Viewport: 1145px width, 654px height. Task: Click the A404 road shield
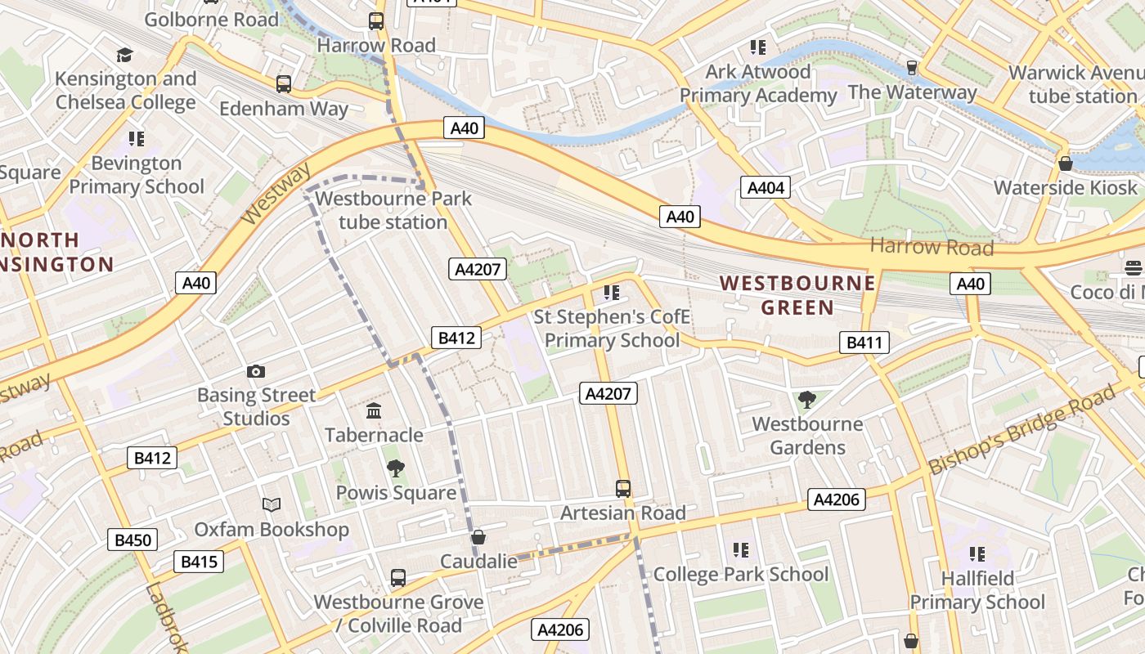[x=766, y=187]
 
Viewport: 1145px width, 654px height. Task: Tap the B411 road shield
[x=864, y=343]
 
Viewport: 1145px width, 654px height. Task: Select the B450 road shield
[x=132, y=540]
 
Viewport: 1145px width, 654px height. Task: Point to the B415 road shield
[x=199, y=562]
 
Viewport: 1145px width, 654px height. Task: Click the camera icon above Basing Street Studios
[x=256, y=372]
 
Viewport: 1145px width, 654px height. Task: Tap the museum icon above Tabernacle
[x=374, y=410]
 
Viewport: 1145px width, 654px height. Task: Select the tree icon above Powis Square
[x=396, y=468]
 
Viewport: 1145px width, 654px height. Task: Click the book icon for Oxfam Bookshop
[x=272, y=505]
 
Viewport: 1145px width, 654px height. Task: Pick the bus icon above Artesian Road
[x=623, y=489]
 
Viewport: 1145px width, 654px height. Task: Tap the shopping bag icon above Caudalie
[x=478, y=537]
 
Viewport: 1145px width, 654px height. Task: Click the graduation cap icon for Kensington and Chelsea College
[x=124, y=55]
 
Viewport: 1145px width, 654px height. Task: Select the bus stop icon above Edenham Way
[x=284, y=83]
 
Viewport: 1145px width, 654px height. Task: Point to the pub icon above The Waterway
[x=912, y=68]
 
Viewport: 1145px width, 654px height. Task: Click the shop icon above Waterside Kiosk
[x=1065, y=163]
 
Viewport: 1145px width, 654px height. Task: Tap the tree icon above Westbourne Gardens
[x=807, y=400]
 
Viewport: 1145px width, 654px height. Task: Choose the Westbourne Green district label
[x=797, y=295]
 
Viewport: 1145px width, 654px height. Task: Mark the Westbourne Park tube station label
[x=393, y=210]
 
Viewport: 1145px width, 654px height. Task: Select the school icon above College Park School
[x=741, y=550]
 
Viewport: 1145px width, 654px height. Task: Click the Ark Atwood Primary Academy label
[x=758, y=83]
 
